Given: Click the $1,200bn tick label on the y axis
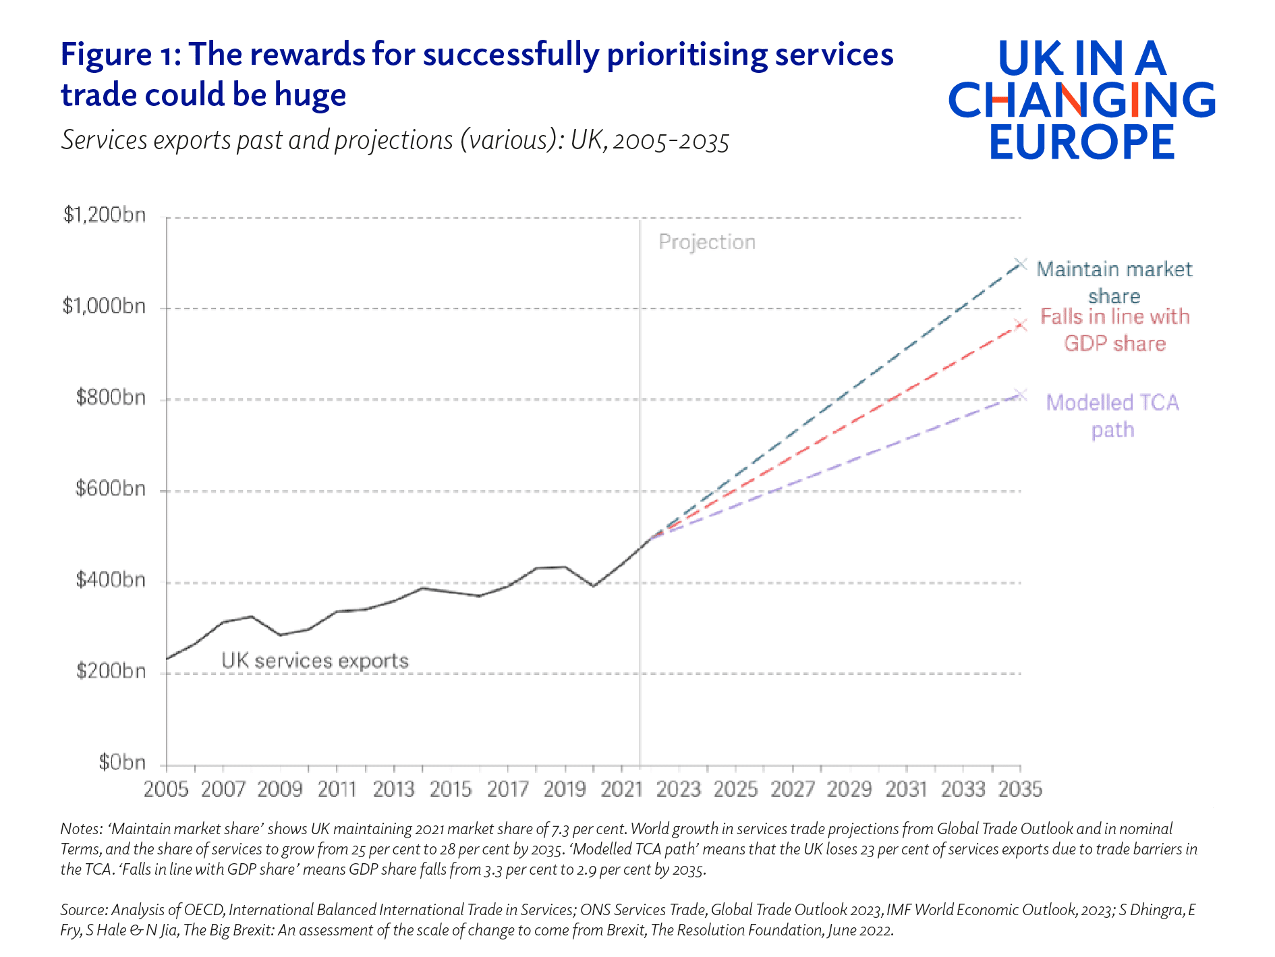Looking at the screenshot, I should [x=105, y=215].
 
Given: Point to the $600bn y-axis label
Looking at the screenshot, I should [x=111, y=488].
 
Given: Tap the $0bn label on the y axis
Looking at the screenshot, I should [x=122, y=762].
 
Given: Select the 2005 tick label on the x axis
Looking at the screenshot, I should [x=166, y=789].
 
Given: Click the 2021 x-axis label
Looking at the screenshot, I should [x=621, y=789].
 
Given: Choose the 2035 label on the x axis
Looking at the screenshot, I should [x=1020, y=789].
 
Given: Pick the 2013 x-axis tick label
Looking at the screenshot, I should [x=393, y=789].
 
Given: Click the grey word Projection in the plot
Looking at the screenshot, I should [x=706, y=242].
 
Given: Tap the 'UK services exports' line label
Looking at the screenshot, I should [x=315, y=660].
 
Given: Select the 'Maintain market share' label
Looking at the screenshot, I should [x=1114, y=282].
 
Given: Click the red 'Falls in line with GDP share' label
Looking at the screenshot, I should [x=1114, y=329].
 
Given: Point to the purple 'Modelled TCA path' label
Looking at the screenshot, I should [x=1112, y=415].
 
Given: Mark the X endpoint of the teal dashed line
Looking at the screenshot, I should [x=1021, y=263].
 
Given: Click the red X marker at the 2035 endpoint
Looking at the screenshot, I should [x=1021, y=325].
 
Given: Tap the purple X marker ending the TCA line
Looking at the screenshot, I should [x=1021, y=395].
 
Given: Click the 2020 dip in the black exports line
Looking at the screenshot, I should [x=593, y=586].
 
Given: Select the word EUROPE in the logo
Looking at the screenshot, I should [x=1081, y=142].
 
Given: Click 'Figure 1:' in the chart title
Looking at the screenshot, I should [x=120, y=54].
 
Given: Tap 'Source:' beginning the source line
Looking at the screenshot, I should [x=83, y=910].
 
